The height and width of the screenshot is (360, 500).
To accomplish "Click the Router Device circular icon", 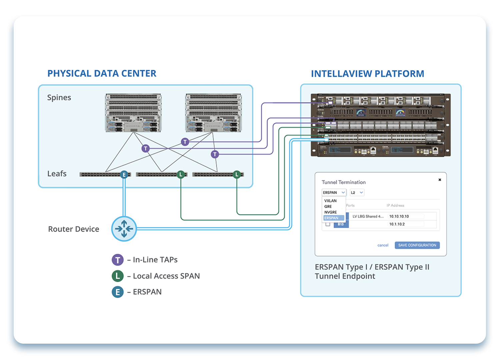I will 124,229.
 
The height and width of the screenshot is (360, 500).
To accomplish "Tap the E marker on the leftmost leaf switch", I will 124,174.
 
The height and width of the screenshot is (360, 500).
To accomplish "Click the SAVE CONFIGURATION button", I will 417,245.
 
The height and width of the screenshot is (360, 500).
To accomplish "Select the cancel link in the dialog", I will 383,245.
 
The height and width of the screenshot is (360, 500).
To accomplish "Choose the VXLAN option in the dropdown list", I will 330,201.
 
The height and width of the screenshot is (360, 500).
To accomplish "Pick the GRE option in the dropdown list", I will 328,206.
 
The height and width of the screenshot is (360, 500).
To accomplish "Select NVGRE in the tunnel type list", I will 330,212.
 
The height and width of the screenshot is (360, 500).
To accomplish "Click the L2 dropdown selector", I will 357,192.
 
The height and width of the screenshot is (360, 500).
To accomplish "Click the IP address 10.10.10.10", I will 399,216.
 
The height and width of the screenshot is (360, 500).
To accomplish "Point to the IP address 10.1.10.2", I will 397,224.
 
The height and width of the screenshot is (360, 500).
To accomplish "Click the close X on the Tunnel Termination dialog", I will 440,180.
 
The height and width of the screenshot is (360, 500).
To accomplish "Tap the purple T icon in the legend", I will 118,260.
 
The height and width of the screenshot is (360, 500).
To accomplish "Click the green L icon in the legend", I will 118,276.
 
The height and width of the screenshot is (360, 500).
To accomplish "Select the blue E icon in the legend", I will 118,292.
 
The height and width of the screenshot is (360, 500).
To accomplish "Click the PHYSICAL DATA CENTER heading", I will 102,73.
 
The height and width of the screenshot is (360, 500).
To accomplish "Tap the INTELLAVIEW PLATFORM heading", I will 367,74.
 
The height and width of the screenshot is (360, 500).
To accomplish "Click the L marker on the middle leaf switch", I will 181,174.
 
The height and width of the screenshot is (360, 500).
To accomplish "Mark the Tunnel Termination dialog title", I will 344,182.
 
